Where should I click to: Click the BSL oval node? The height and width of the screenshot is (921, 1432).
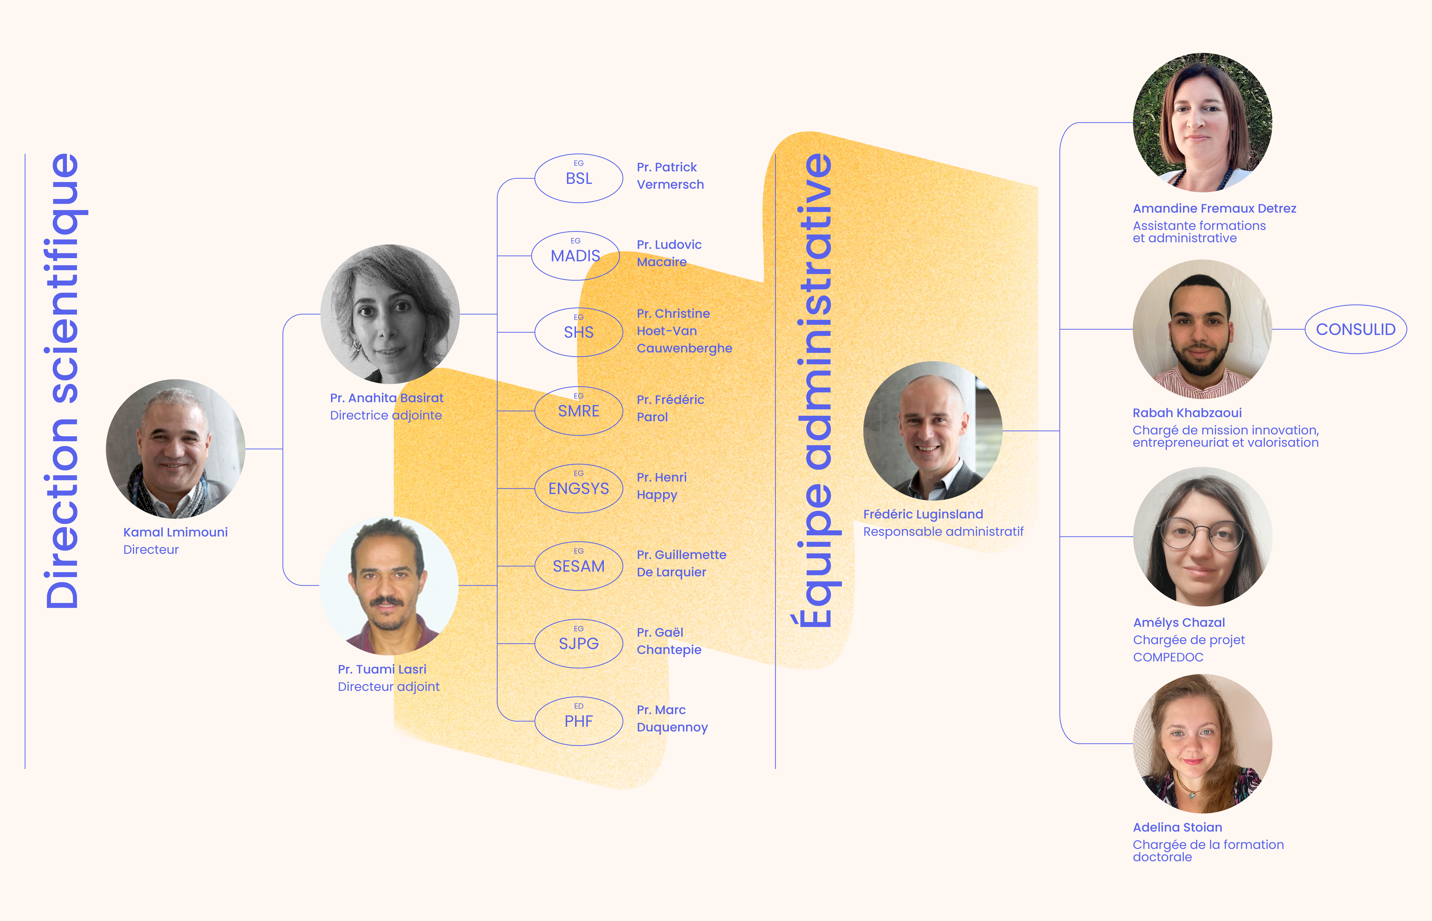click(x=578, y=178)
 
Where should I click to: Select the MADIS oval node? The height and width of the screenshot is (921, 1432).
click(x=575, y=256)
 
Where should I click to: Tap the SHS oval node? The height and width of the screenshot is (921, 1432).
click(x=578, y=333)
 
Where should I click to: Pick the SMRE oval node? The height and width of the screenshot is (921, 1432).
click(x=578, y=411)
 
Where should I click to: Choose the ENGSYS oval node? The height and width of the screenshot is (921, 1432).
click(x=578, y=489)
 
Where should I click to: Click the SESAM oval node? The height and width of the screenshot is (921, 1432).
click(x=578, y=566)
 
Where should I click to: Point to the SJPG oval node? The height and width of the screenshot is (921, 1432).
click(x=578, y=644)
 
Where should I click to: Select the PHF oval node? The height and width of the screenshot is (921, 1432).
click(x=578, y=721)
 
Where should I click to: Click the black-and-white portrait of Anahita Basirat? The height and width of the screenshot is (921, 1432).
click(x=390, y=314)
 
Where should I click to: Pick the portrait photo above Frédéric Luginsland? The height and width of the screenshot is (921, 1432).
click(x=932, y=431)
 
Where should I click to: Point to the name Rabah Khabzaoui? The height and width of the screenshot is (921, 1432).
click(x=1187, y=413)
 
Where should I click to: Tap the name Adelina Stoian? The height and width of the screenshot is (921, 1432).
click(x=1177, y=827)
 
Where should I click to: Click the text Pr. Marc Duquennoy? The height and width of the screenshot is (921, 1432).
click(x=672, y=718)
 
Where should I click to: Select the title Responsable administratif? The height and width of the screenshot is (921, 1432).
click(x=943, y=532)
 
